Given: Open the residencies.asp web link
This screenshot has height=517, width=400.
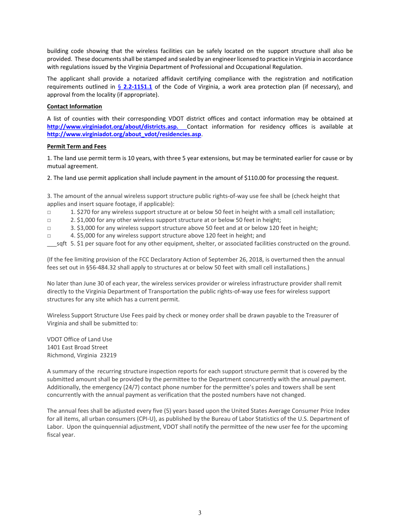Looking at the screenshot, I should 124,135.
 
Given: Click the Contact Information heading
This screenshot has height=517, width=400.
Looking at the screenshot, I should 75,107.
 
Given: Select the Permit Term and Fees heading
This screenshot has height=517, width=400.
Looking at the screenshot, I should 77,147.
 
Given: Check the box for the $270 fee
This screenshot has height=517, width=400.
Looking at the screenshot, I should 49,212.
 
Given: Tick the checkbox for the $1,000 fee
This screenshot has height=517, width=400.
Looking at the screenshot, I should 49,220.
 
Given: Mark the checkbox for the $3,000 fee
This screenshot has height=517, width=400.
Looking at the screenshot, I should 49,228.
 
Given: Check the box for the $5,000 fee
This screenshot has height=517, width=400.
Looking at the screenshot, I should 49,236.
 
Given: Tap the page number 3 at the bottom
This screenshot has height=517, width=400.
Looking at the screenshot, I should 200,512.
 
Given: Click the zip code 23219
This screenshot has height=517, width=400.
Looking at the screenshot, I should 108,355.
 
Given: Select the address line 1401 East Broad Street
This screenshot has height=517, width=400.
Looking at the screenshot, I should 77,347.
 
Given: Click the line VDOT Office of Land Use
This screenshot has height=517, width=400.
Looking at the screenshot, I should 80,339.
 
